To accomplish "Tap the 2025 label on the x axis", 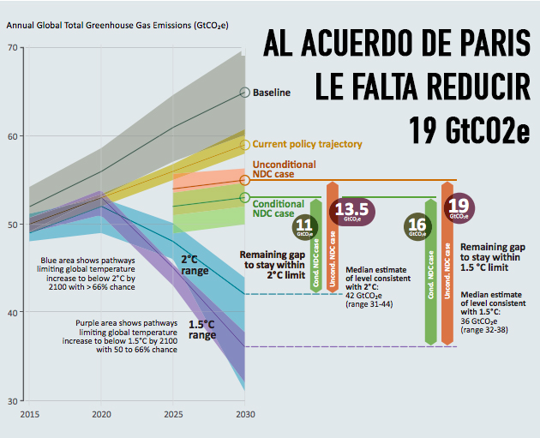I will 173,413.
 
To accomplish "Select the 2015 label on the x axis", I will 28,413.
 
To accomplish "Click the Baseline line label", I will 272,93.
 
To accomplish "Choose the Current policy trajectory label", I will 307,144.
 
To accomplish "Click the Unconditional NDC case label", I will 283,170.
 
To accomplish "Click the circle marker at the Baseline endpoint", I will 245,92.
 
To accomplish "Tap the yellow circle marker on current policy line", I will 245,145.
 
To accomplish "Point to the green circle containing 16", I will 417,226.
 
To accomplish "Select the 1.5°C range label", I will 202,329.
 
